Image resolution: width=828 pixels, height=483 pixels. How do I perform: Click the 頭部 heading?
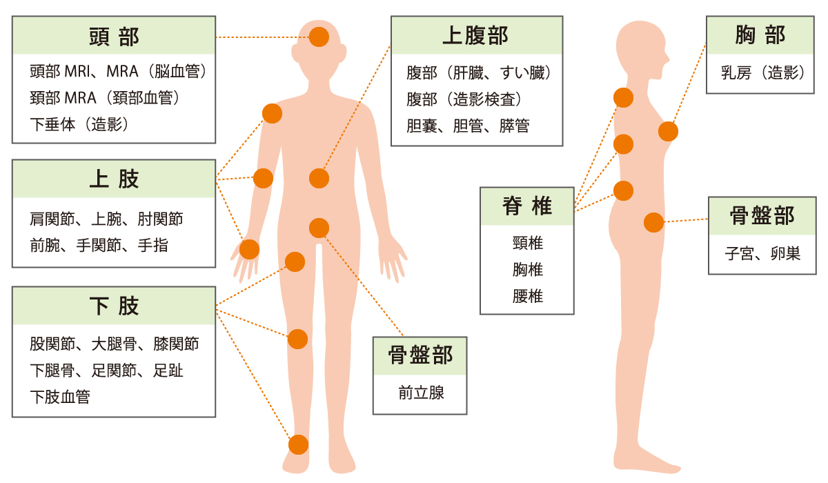coord(114,37)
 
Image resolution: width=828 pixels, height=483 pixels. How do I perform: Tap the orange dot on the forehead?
coord(319,37)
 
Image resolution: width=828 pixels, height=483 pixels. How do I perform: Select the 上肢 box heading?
coord(114,179)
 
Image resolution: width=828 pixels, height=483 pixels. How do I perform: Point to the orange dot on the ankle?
coord(298,444)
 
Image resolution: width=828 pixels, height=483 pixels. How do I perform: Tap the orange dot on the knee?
coord(297,339)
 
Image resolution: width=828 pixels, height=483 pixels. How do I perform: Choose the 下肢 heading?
coord(114,306)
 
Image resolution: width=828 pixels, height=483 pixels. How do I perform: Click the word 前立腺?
coord(421,393)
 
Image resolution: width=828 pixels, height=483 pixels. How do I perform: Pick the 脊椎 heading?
coord(527,206)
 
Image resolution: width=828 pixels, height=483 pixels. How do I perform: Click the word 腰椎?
coord(527,297)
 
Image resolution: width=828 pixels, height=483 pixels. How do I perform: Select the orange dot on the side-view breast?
coord(668,130)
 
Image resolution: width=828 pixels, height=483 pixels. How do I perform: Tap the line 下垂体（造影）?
coord(79,124)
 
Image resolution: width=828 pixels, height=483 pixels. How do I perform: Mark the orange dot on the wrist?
coord(249,249)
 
